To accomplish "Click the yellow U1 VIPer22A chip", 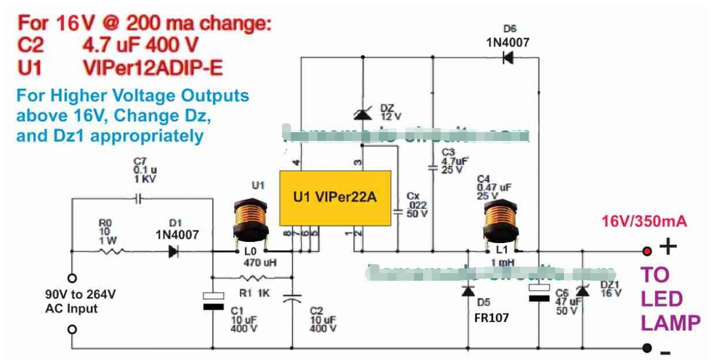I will (x=334, y=198).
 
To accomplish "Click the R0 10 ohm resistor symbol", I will (x=112, y=251).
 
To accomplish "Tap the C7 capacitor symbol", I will (x=138, y=198).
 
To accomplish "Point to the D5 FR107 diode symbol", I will (x=468, y=290).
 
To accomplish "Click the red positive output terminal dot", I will (x=647, y=251).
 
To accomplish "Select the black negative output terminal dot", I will (x=647, y=348).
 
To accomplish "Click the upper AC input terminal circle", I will (x=72, y=277).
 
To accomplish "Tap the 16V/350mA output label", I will (x=644, y=222).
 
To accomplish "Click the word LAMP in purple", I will (x=670, y=323).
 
